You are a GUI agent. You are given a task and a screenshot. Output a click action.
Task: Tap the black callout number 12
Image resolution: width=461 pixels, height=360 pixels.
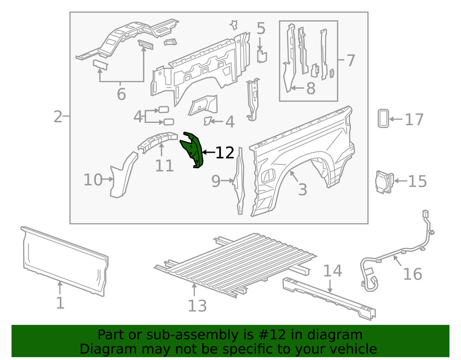coord(225,153)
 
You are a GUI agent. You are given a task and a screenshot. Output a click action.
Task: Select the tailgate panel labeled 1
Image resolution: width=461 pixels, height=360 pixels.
coord(65,260)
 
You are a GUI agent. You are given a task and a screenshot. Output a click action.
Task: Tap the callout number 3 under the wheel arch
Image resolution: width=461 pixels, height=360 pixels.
coord(302,189)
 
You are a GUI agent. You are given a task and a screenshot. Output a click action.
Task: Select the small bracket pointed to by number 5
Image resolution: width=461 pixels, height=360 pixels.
coord(262,56)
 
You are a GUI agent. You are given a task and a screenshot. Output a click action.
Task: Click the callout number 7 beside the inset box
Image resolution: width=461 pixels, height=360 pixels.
coord(351,60)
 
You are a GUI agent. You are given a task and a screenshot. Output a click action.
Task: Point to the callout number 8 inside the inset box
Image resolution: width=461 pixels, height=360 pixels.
coord(311,88)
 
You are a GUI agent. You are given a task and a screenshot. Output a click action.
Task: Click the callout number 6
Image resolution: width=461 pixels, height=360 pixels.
coord(121,94)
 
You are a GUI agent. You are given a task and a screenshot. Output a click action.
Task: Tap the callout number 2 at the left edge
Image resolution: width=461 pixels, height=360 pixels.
coord(58,117)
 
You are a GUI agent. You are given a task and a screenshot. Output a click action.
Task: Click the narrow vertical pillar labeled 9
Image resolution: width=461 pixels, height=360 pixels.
coord(239,184)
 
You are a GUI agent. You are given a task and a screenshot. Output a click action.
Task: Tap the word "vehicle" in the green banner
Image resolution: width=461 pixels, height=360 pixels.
coord(352,348)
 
